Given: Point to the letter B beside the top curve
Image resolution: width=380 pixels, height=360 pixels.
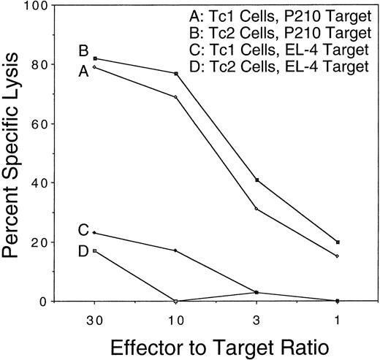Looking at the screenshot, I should pyautogui.click(x=84, y=52).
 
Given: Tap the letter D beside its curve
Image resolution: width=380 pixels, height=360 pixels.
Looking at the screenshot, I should pyautogui.click(x=84, y=252).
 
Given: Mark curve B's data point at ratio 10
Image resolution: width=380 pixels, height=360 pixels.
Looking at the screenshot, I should pyautogui.click(x=176, y=74).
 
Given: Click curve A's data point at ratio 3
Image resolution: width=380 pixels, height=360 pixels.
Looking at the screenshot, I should pyautogui.click(x=256, y=210).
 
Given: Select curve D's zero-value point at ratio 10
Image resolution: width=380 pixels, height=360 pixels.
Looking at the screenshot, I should pyautogui.click(x=176, y=301).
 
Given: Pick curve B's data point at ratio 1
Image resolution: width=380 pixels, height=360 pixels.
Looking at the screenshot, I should pyautogui.click(x=337, y=242).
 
